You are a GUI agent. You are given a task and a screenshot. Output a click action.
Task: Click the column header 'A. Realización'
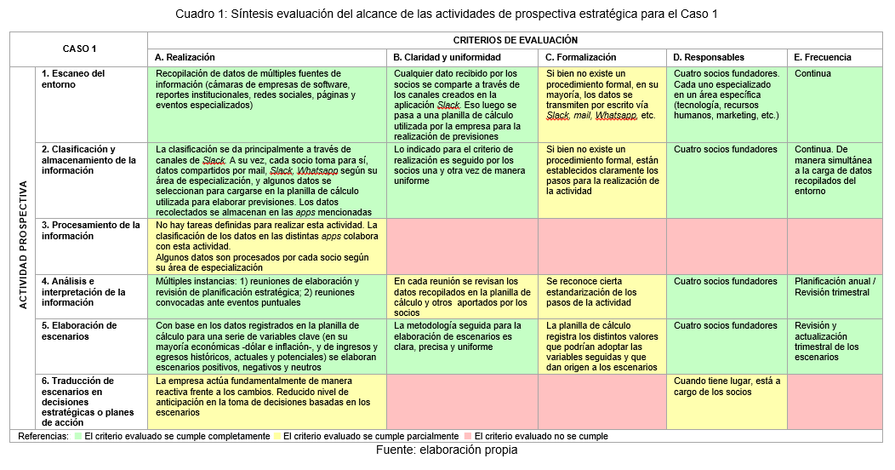185,57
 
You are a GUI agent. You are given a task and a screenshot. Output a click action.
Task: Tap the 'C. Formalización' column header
581,57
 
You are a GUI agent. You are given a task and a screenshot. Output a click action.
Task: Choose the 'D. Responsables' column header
709,57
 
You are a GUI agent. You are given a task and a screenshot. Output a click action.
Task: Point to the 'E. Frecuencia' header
823,57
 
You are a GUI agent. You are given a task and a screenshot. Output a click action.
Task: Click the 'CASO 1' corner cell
79,49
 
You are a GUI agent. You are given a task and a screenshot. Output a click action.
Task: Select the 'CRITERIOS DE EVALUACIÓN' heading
515,40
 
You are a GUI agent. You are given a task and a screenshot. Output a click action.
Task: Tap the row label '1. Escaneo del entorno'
74,79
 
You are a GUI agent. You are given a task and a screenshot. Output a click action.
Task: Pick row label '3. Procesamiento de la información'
90,231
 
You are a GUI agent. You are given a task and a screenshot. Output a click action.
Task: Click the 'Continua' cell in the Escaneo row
812,74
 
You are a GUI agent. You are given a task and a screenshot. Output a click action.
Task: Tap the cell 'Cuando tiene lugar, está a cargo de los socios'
726,387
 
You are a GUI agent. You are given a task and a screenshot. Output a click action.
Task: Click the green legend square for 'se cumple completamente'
77,437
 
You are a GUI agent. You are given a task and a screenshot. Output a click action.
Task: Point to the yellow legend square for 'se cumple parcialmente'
276,437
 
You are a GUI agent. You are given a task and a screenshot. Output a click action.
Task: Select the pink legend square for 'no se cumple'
468,437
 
